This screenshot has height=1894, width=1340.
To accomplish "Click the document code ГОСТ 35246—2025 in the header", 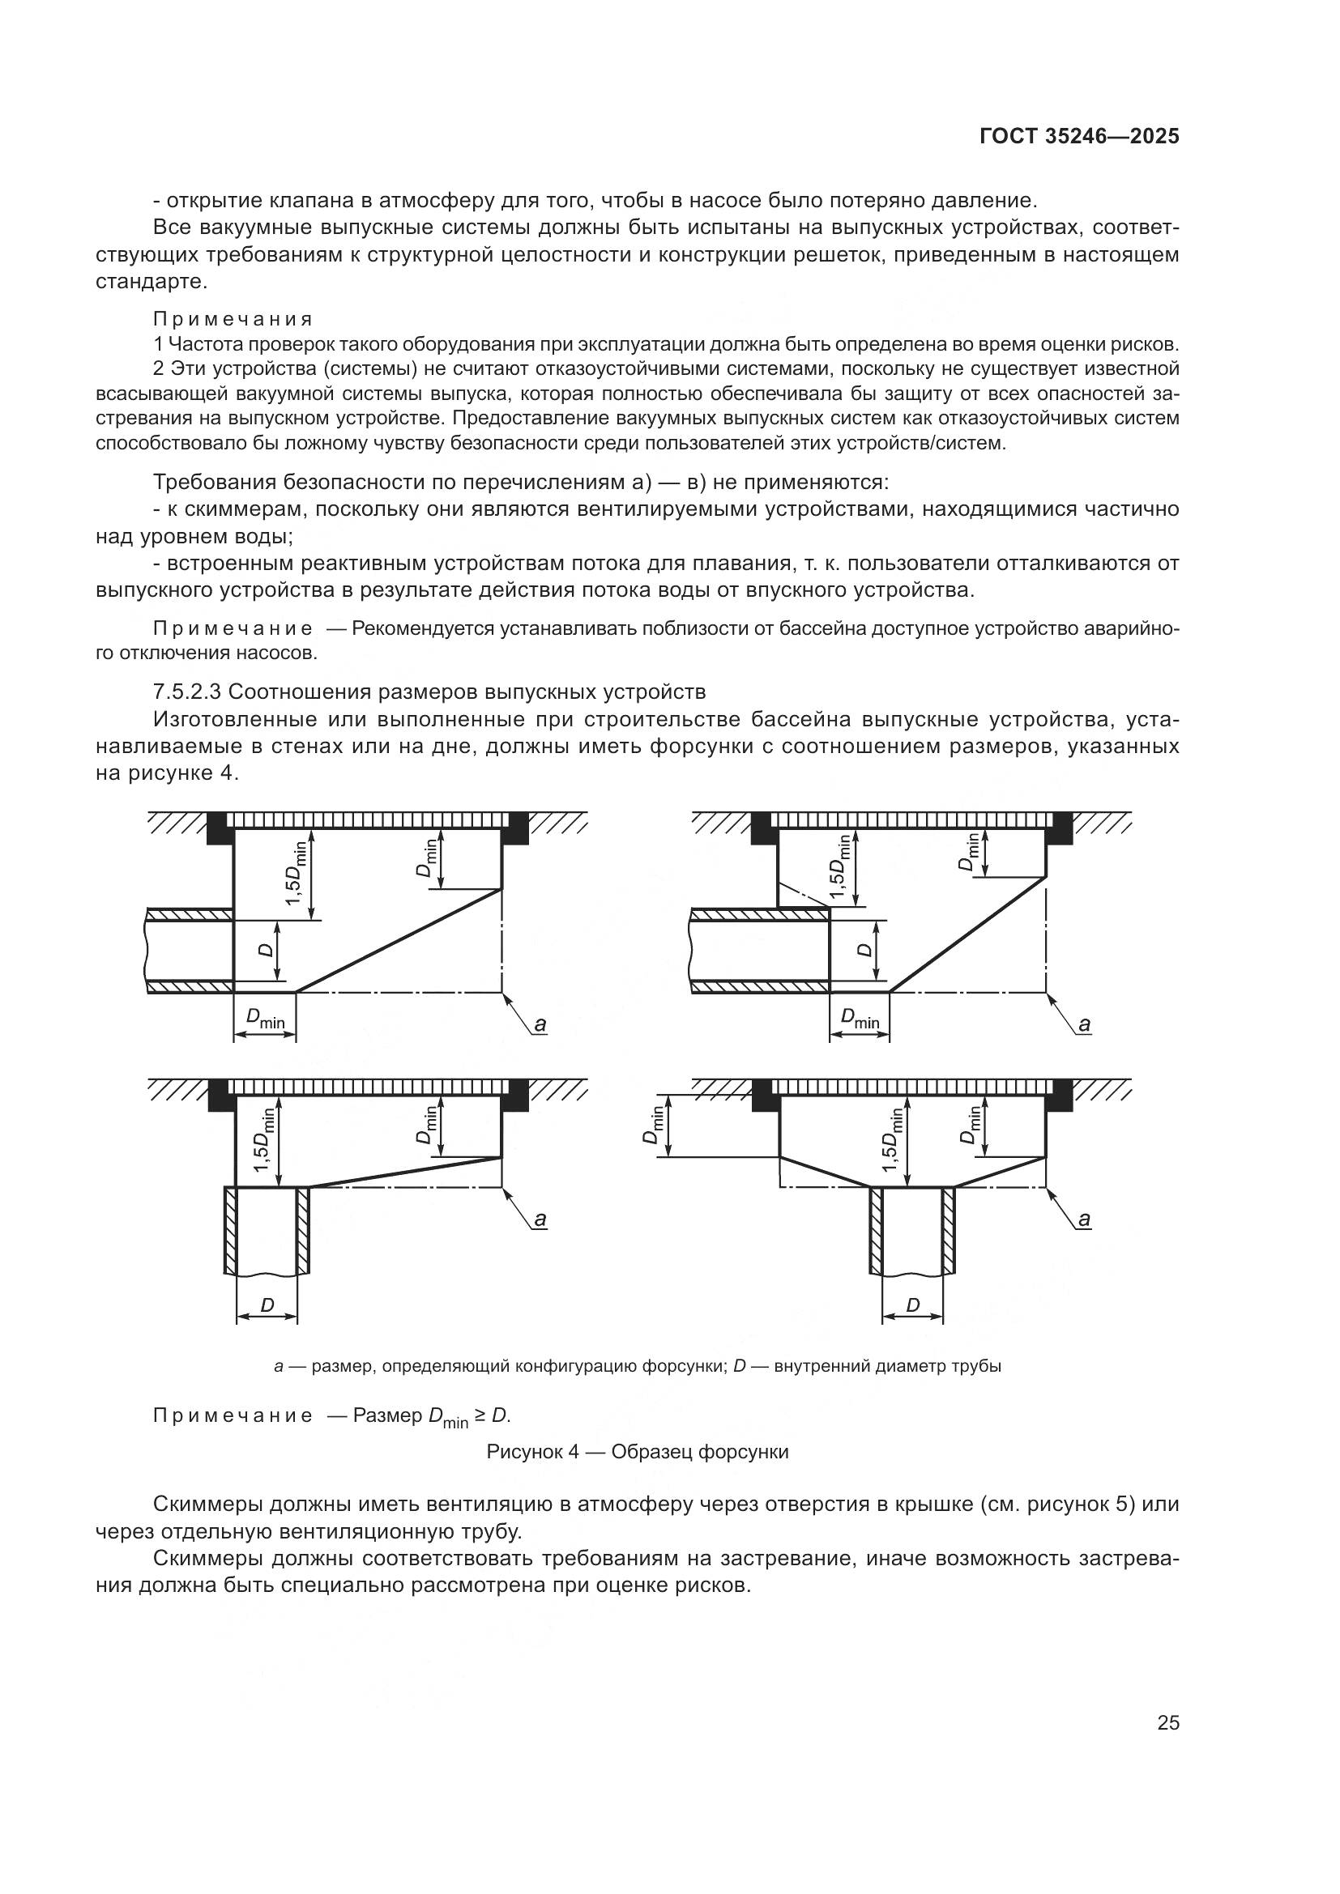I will coord(1079,137).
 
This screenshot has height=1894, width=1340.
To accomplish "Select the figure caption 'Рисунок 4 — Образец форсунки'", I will coord(637,1452).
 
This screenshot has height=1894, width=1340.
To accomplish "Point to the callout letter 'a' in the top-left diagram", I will coord(540,1024).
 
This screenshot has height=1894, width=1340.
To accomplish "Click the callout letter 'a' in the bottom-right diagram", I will coord(1084,1219).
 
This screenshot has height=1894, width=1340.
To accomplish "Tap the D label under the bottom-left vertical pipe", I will coord(267,1305).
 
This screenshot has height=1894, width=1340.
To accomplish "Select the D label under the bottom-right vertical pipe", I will coord(912,1305).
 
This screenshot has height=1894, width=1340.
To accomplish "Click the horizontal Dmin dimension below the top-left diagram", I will coord(265,1021).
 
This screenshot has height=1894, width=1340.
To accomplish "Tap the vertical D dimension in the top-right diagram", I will coord(864,950).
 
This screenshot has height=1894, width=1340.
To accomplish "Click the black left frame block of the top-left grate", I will coord(220,828).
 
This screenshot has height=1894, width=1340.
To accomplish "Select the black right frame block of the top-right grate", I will coord(1059,828).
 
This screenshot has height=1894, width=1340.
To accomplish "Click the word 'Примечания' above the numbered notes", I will coord(233,319).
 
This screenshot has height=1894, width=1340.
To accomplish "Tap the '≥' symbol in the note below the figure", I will coord(480,1415).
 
